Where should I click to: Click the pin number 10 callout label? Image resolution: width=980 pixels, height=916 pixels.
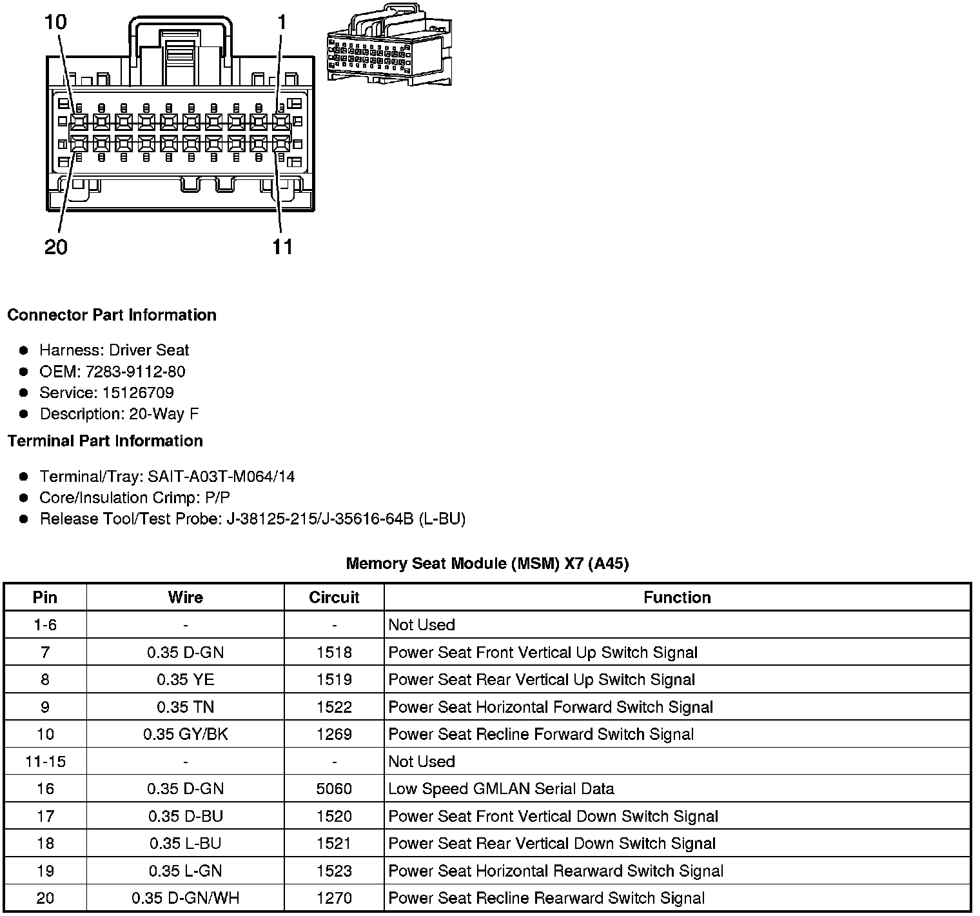point(55,22)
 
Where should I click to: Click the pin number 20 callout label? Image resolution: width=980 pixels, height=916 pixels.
point(55,246)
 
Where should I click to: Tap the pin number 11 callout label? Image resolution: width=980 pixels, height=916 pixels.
point(282,246)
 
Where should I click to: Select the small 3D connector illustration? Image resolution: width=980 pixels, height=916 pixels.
point(389,45)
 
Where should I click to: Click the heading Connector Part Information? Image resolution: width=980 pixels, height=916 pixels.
point(112,315)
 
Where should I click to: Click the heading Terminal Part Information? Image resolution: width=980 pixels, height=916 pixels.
point(105,441)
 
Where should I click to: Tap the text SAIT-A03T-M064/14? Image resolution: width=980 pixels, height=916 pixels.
point(221,477)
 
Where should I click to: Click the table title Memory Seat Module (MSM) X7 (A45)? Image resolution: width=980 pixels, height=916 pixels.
point(487,563)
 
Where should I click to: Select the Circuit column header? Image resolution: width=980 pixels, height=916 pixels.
point(334,597)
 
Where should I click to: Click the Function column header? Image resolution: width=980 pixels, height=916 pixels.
point(677,597)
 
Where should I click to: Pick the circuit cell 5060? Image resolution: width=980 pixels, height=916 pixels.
point(334,789)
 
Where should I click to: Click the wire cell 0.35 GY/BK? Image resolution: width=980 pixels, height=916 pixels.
point(186,734)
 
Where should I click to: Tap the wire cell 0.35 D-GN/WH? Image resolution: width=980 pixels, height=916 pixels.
point(186,898)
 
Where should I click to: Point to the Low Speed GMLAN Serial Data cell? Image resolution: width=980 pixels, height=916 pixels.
point(501,789)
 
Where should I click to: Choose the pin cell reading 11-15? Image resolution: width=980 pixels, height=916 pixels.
point(45,762)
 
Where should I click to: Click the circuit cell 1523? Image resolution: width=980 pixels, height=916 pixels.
point(334,871)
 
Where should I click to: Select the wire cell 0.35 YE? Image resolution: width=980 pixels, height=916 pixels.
point(186,680)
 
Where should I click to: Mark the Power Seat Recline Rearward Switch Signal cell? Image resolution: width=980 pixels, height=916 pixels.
point(546,898)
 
